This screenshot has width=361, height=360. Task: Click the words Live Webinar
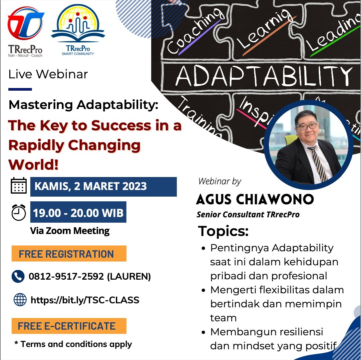coord(48,74)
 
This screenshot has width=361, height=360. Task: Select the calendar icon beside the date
coord(19,186)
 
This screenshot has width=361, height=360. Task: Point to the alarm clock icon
coord(19,212)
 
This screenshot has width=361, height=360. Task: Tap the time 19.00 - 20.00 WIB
coord(78,212)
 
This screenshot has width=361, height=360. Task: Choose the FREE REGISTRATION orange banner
coord(69,254)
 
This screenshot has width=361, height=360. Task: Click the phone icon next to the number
coord(18,276)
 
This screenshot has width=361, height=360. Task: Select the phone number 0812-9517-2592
coord(67,276)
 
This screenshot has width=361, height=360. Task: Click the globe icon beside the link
coord(20,300)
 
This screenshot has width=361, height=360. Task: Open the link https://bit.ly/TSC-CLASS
coord(85,300)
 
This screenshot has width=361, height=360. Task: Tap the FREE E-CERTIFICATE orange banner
coord(69,326)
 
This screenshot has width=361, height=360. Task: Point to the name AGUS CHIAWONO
coord(255,199)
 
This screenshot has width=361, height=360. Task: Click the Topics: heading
coord(223,231)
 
